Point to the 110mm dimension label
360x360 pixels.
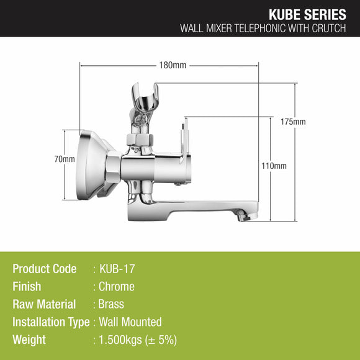273,166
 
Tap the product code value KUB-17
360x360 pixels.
117,269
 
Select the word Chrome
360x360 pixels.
117,287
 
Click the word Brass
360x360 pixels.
112,304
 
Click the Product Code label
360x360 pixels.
45,269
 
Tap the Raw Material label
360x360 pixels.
44,304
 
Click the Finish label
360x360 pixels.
27,287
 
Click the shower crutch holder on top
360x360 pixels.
143,99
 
